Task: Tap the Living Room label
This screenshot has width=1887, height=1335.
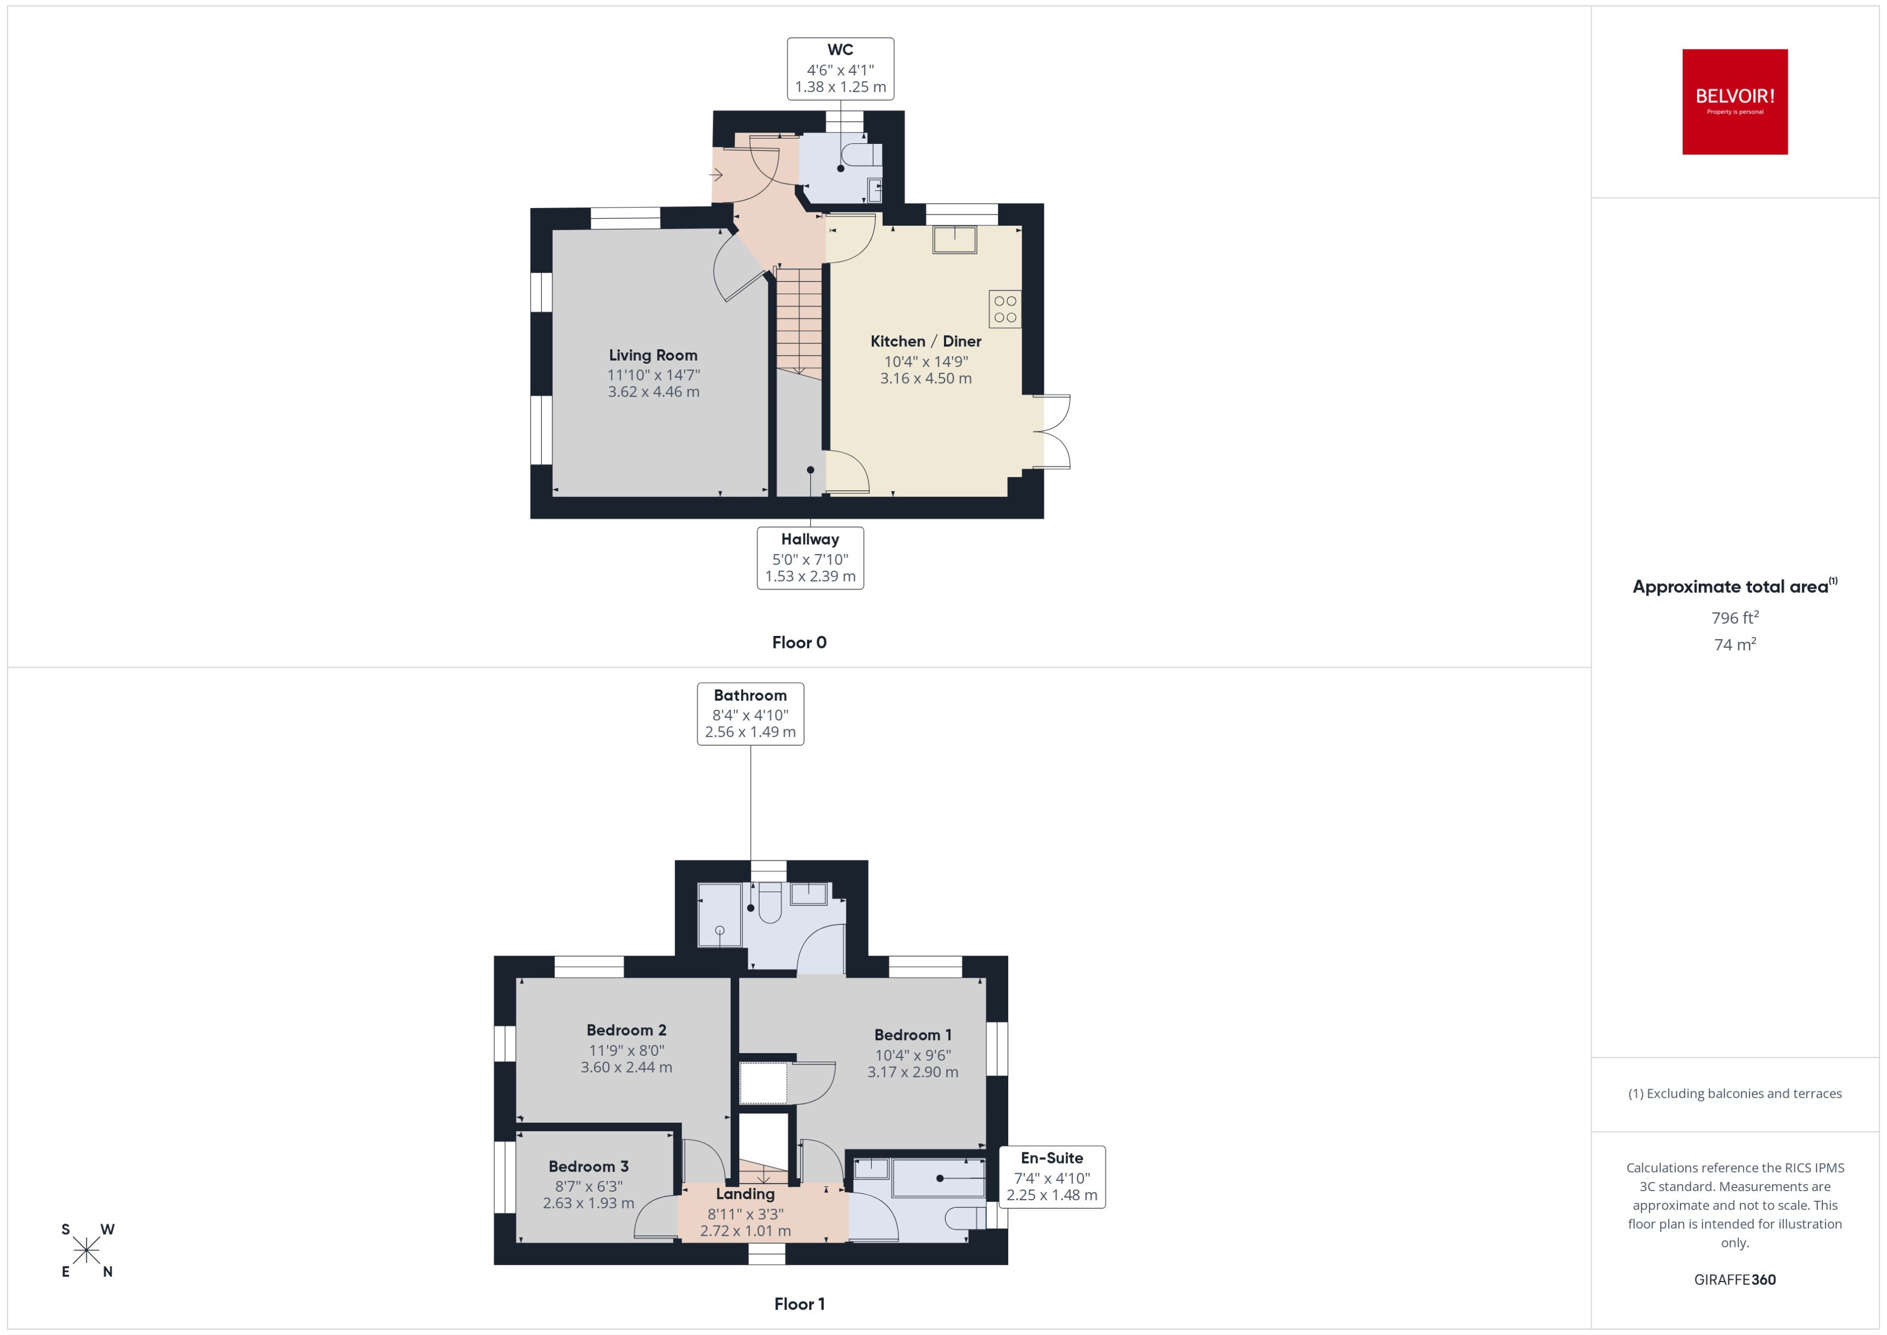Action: click(653, 355)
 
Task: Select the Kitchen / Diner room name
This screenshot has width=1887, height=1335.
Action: click(926, 341)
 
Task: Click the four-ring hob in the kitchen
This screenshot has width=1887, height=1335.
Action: click(1005, 309)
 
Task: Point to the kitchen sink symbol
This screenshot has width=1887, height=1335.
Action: click(955, 240)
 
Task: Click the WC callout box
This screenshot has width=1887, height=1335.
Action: click(841, 69)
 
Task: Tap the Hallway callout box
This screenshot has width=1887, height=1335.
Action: click(810, 558)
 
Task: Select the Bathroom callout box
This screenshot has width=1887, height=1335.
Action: click(750, 714)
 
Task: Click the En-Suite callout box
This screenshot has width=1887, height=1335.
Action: click(1052, 1177)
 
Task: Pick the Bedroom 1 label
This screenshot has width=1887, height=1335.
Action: click(913, 1035)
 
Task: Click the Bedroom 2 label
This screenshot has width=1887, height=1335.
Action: click(626, 1030)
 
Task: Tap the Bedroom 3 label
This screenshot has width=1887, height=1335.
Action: click(589, 1166)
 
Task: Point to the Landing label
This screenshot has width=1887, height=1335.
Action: click(745, 1194)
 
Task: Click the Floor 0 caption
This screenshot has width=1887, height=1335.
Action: click(799, 643)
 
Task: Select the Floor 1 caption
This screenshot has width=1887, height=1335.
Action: click(799, 1304)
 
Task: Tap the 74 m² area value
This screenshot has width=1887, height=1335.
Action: click(1735, 645)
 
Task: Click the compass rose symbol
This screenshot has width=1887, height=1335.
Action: click(86, 1250)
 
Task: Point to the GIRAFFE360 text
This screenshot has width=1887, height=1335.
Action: click(1735, 1280)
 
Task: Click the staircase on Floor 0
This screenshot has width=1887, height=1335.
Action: click(799, 321)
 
